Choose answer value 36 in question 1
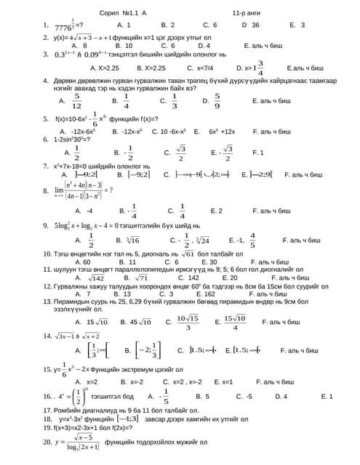255,25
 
